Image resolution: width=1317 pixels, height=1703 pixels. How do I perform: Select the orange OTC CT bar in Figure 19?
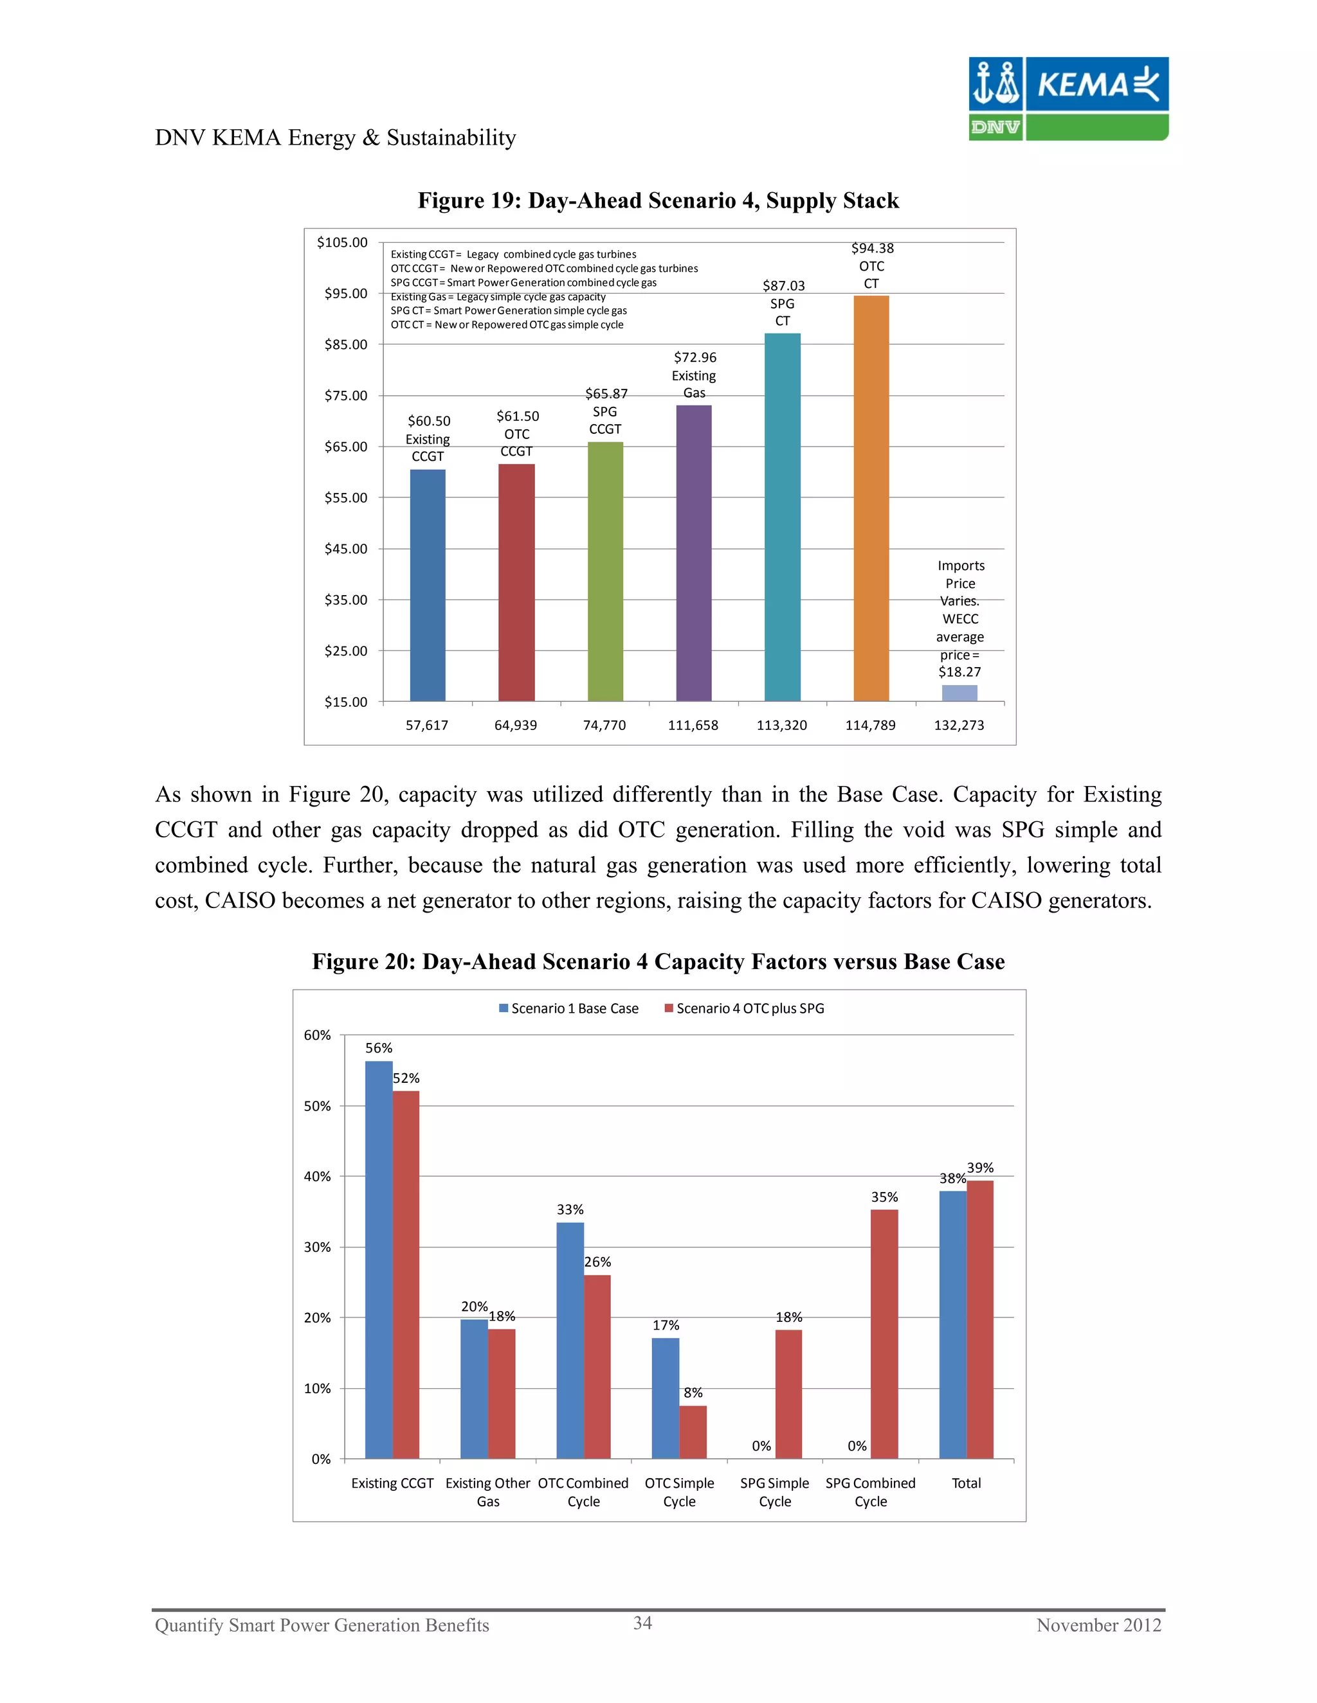871,499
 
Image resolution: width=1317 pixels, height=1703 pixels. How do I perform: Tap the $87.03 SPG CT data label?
783,303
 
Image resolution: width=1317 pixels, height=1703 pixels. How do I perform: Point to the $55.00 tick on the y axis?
345,497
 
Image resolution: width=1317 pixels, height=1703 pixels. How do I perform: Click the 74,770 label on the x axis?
604,725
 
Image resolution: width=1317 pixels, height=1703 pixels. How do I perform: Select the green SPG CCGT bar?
604,571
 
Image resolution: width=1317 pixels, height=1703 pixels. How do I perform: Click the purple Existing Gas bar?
694,553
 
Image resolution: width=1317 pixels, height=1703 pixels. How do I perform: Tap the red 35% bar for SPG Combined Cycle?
884,1333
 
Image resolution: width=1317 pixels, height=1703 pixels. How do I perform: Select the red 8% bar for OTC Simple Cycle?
693,1432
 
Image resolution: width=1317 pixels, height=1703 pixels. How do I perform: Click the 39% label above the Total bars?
980,1167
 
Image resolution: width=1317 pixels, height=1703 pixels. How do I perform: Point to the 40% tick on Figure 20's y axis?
318,1176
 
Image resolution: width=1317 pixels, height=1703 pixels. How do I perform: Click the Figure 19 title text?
658,201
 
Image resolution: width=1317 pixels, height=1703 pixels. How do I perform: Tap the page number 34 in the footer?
642,1623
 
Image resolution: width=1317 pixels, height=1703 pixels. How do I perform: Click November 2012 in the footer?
1098,1625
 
